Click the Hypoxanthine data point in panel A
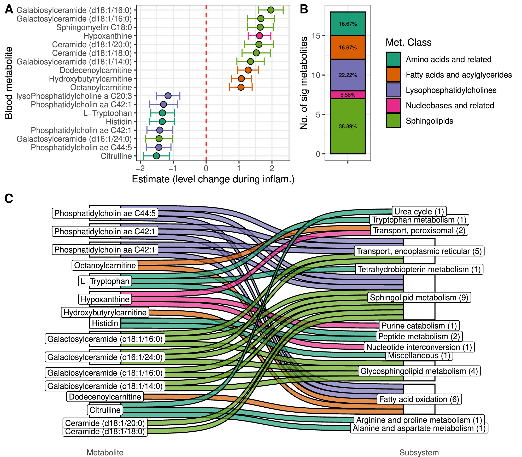pos(259,36)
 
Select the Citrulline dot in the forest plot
pos(156,156)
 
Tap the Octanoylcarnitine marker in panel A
pos(241,87)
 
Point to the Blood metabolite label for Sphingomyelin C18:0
pos(94,27)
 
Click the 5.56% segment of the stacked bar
pos(348,95)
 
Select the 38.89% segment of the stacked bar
pos(348,126)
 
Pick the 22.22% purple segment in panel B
pos(348,75)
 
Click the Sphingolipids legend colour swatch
pos(393,121)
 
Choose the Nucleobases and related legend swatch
pos(393,105)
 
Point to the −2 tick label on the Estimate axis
pos(140,169)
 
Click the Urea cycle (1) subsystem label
pos(419,211)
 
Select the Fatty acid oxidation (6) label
pos(419,399)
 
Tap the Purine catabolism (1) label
pos(419,326)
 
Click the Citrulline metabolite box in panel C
pos(105,410)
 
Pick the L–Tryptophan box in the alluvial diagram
pos(105,281)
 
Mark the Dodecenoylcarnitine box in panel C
pos(105,397)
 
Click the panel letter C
pos(9,199)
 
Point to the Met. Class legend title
pos(408,42)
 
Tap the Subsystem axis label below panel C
pos(419,453)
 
